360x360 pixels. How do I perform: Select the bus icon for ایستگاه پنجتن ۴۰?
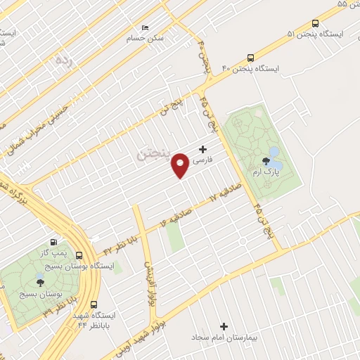click(251, 58)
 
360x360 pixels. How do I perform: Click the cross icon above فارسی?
click(203, 149)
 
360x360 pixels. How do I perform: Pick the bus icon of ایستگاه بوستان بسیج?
click(79, 257)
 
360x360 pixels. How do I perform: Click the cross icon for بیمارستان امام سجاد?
click(224, 326)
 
